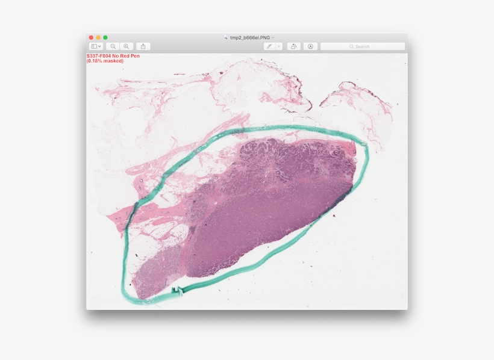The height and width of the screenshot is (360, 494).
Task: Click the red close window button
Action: [x=92, y=37]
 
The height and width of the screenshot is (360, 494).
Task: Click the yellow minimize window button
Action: [x=98, y=37]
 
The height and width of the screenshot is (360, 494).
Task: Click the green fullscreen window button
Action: [x=105, y=37]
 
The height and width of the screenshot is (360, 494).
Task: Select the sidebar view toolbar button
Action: [x=96, y=46]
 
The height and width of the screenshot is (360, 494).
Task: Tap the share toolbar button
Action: [x=143, y=46]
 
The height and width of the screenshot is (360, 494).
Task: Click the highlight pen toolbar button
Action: [x=269, y=46]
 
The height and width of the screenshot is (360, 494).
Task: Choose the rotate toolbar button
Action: [x=293, y=46]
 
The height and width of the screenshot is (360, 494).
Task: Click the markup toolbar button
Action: [x=310, y=46]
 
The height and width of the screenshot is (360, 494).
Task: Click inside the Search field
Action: [x=367, y=46]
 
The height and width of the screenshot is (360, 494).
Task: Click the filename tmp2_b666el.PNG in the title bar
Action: [x=250, y=37]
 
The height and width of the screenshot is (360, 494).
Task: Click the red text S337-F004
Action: [x=98, y=56]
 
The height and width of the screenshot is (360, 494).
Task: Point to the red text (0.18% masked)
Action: [x=105, y=61]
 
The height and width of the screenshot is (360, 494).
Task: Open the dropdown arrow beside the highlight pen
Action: [x=279, y=46]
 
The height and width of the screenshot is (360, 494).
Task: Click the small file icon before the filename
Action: [x=226, y=37]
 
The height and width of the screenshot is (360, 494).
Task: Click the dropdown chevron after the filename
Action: [x=273, y=37]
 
